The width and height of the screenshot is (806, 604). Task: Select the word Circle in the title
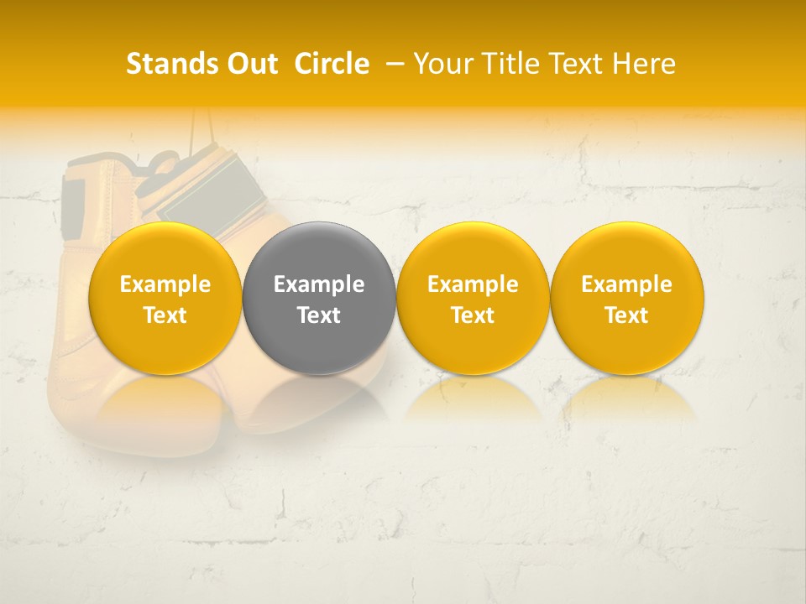click(x=332, y=64)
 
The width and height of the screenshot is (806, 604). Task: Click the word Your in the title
click(x=442, y=64)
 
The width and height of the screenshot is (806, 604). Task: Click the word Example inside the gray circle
click(x=319, y=284)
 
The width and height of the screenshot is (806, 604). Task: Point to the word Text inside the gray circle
click(x=319, y=315)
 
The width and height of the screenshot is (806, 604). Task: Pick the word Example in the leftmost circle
click(x=165, y=284)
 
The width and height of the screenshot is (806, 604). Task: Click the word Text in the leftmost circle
click(x=165, y=315)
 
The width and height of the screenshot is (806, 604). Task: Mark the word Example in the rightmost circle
click(x=627, y=284)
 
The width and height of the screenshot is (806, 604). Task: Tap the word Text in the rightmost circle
click(x=627, y=315)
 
